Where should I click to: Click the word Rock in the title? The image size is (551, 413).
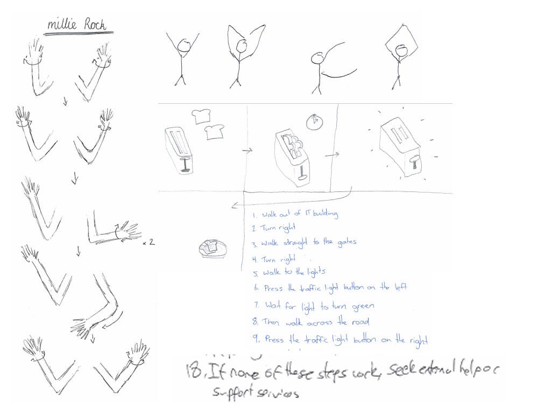(94, 24)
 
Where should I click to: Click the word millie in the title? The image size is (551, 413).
(62, 24)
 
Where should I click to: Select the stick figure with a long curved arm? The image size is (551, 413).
(319, 67)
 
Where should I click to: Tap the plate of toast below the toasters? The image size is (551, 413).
(212, 247)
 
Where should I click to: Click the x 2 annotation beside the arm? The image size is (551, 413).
(149, 243)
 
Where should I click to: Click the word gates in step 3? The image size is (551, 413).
(345, 243)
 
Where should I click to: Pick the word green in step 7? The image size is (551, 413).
(363, 306)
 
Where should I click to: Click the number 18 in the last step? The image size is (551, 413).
(189, 371)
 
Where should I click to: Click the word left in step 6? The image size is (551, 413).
(399, 288)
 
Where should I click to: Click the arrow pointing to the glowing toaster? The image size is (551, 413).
(333, 155)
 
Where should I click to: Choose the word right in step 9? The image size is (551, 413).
(418, 340)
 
